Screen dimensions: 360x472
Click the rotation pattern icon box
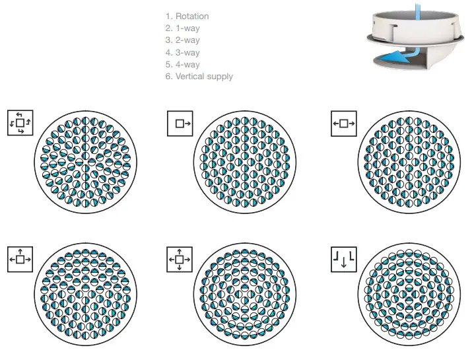coord(20,123)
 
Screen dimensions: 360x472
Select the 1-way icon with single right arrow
coord(180,123)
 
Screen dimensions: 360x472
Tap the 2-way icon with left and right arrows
coord(343,123)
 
